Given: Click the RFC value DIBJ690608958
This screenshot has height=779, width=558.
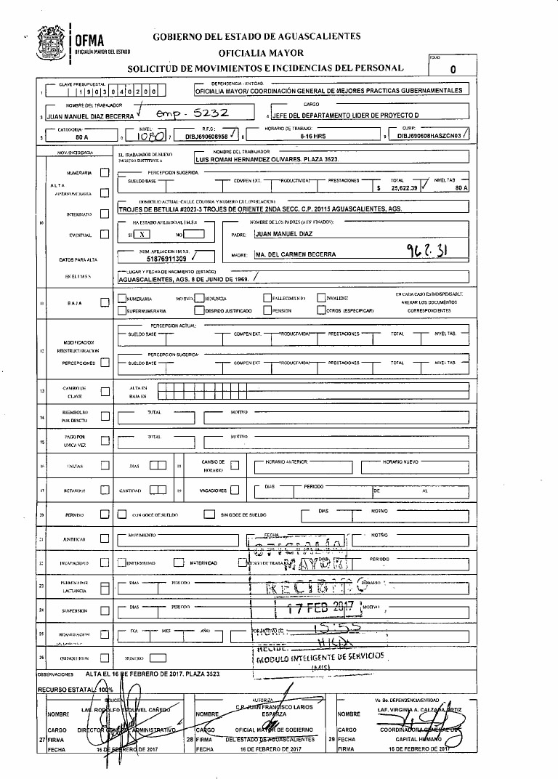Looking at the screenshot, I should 208,136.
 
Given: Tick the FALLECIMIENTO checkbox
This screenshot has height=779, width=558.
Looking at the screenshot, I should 267,298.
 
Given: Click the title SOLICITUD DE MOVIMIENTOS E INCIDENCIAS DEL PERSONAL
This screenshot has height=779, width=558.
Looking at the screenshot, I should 265,68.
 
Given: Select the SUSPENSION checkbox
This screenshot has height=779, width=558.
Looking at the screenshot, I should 105,610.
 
